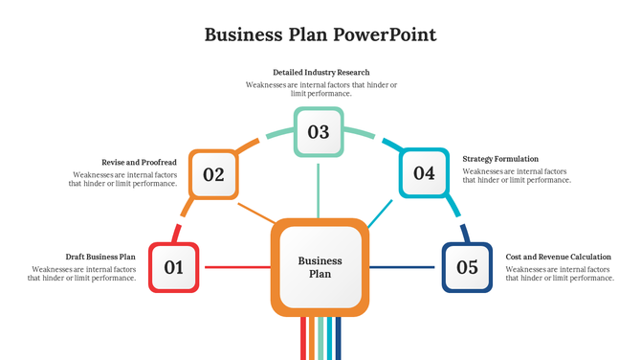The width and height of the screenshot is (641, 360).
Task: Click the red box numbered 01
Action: tap(174, 267)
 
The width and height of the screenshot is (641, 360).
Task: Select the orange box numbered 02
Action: tap(213, 175)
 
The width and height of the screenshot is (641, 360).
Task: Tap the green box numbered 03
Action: tap(319, 132)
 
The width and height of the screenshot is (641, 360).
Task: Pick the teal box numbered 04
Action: tap(424, 173)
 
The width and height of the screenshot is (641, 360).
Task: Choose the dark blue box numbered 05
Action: tap(467, 267)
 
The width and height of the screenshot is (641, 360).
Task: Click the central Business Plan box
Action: tap(320, 267)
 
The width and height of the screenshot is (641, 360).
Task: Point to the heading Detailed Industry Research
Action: tap(320, 72)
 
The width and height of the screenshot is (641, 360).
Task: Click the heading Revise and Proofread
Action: tap(139, 163)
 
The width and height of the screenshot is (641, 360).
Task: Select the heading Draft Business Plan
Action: tap(100, 257)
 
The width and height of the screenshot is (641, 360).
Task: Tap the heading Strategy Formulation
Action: tap(500, 159)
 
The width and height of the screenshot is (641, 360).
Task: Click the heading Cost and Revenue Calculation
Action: tap(558, 257)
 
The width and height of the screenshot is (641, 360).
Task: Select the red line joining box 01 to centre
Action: tap(235, 267)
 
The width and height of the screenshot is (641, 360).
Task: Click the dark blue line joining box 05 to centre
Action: tap(405, 267)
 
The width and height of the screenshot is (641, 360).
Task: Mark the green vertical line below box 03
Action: tap(319, 188)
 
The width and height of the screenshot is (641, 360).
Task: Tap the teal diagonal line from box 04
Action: tap(380, 214)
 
